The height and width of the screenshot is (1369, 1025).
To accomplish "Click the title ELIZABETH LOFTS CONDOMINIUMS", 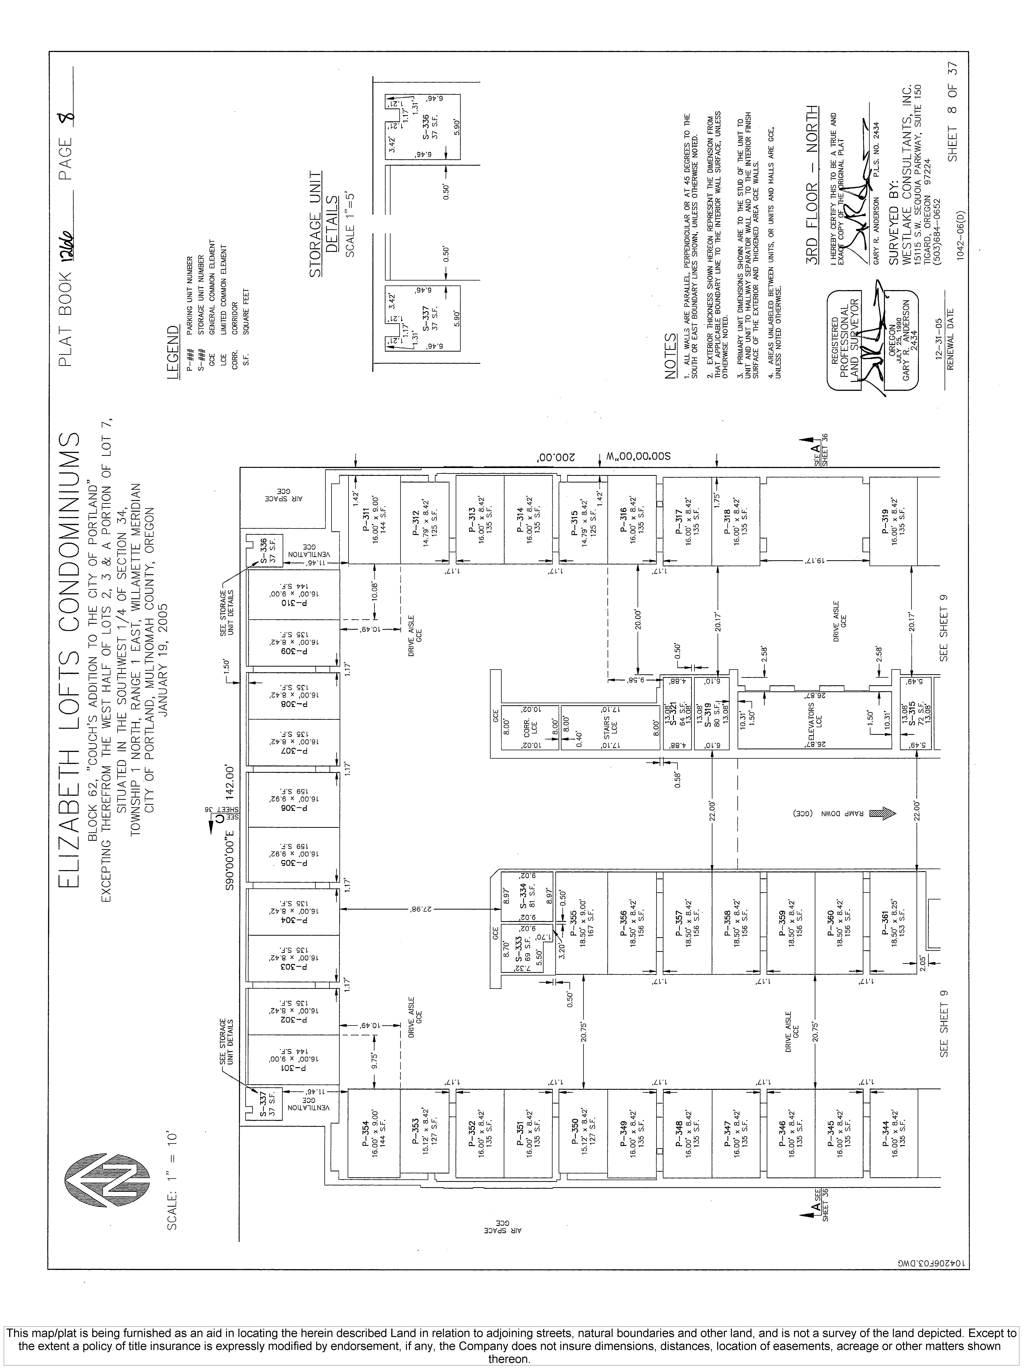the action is tap(69, 662).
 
